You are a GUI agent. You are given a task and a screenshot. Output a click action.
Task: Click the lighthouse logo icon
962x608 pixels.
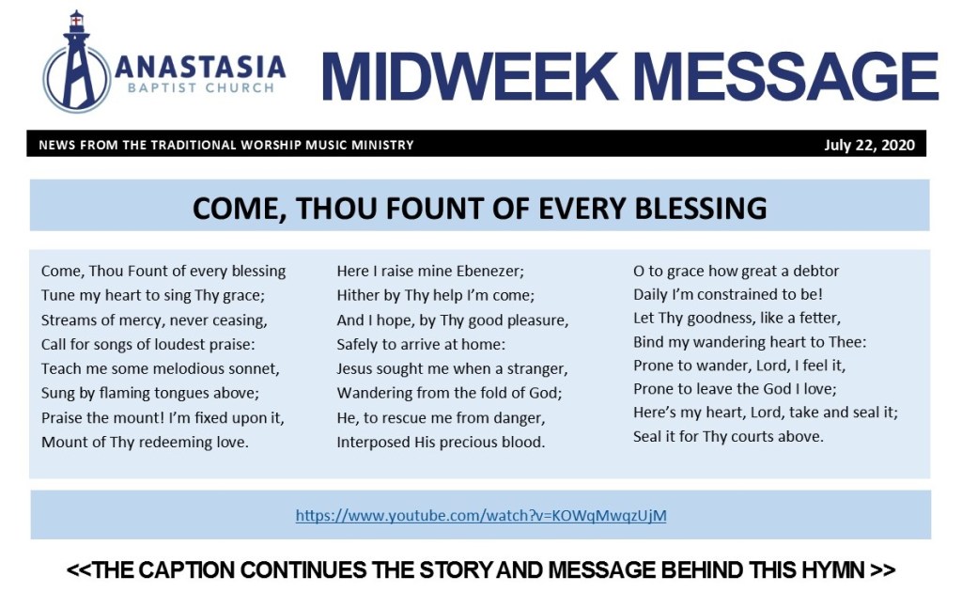click(77, 63)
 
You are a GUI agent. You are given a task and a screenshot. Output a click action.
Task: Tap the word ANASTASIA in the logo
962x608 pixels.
click(201, 67)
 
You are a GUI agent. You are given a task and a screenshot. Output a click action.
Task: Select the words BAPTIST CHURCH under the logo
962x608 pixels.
click(201, 87)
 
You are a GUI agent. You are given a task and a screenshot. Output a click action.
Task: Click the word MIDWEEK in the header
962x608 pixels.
click(470, 76)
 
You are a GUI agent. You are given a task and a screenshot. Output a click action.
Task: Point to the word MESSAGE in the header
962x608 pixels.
click(785, 76)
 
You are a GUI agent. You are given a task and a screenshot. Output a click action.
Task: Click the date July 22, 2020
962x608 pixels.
click(869, 145)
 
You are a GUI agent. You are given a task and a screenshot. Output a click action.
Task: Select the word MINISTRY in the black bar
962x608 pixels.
click(383, 146)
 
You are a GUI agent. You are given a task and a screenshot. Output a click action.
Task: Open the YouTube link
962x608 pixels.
click(481, 515)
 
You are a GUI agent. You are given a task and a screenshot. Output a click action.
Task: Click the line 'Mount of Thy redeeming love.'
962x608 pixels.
click(145, 442)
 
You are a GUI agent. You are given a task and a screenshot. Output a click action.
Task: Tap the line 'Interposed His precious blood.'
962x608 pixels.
click(441, 442)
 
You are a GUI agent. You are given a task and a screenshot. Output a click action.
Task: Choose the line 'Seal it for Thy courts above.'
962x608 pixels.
click(728, 436)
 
